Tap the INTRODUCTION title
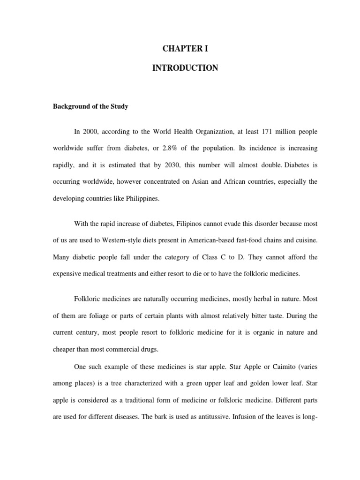[x=185, y=68]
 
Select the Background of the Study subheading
[x=90, y=106]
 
